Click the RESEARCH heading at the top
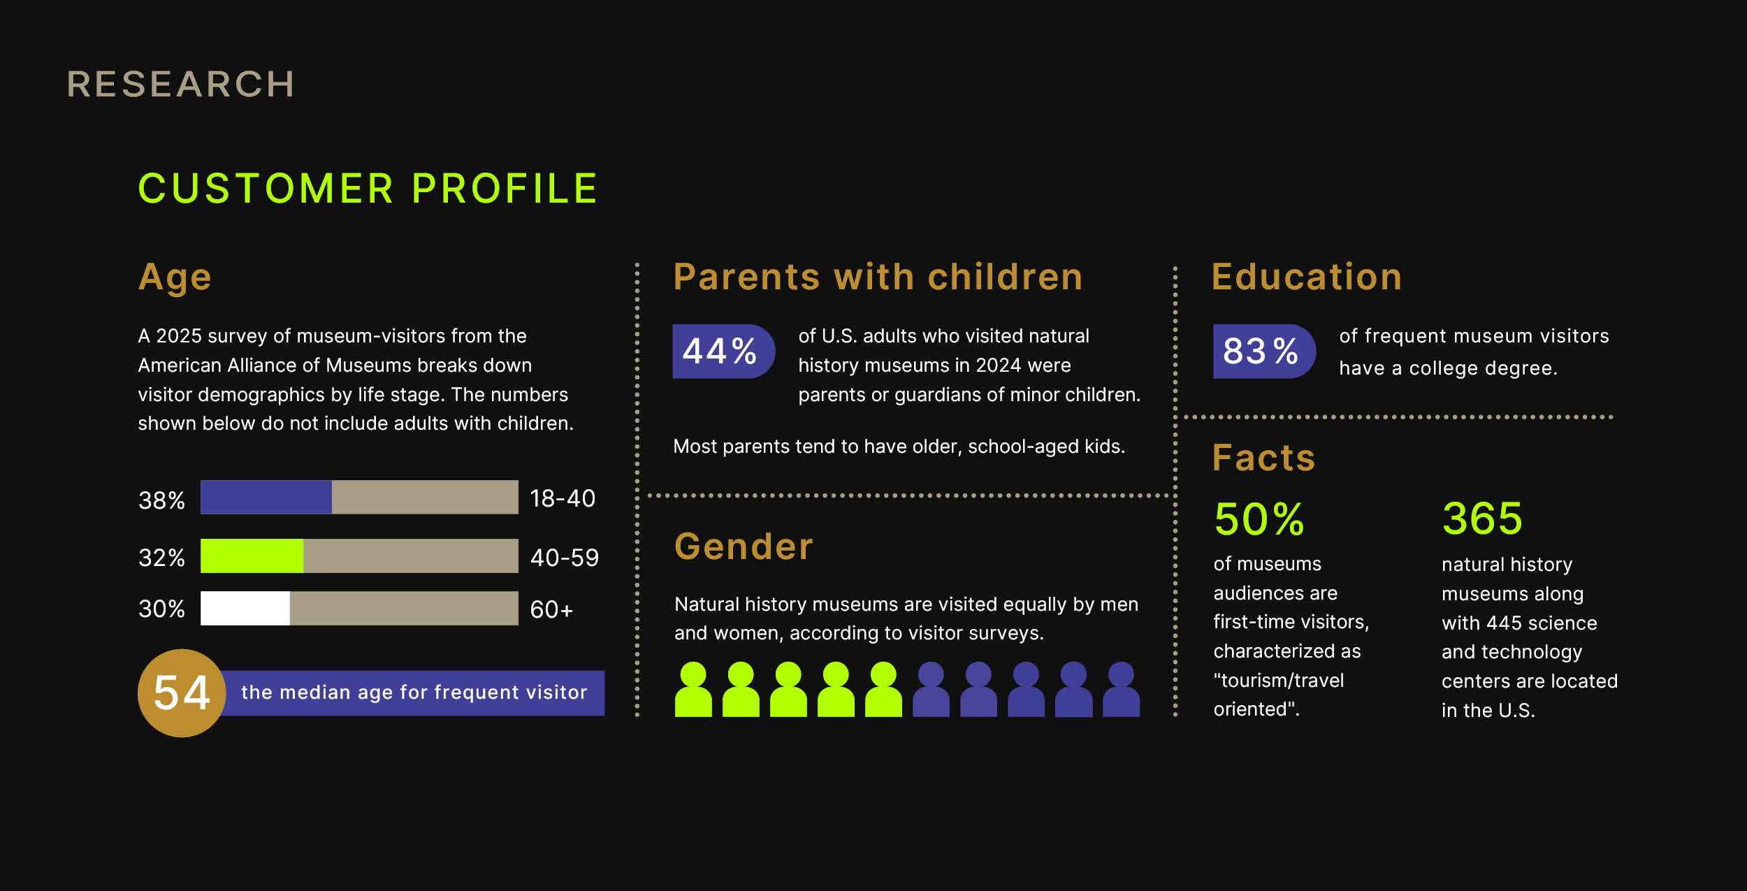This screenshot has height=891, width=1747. pyautogui.click(x=180, y=85)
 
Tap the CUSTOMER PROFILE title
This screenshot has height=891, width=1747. pyautogui.click(x=368, y=188)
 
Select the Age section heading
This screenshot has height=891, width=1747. pyautogui.click(x=175, y=277)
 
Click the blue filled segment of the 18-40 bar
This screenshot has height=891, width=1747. pyautogui.click(x=266, y=497)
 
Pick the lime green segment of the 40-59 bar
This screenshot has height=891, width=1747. pyautogui.click(x=252, y=556)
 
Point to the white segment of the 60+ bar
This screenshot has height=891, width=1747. pyautogui.click(x=245, y=608)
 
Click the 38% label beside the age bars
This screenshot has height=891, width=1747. pyautogui.click(x=161, y=500)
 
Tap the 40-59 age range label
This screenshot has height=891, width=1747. pyautogui.click(x=565, y=558)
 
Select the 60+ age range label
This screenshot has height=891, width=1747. pyautogui.click(x=551, y=610)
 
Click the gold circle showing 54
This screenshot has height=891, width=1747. pyautogui.click(x=182, y=693)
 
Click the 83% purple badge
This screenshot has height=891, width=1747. pyautogui.click(x=1264, y=352)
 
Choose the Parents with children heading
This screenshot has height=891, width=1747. pyautogui.click(x=878, y=277)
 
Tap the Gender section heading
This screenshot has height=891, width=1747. pyautogui.click(x=744, y=546)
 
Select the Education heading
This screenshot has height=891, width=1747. pyautogui.click(x=1307, y=277)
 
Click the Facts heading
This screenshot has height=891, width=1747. pyautogui.click(x=1263, y=458)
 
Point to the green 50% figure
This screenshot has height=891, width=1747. pyautogui.click(x=1259, y=519)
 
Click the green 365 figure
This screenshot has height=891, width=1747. pyautogui.click(x=1482, y=519)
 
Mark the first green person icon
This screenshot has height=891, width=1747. pyautogui.click(x=693, y=690)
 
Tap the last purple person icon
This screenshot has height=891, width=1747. pyautogui.click(x=1122, y=690)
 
